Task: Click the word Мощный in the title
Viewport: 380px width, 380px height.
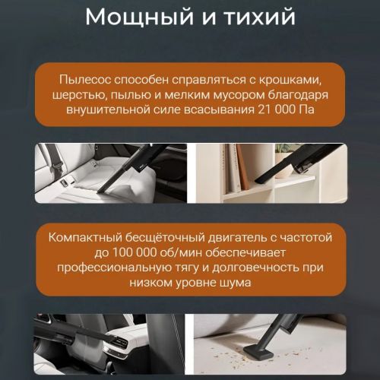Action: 139,17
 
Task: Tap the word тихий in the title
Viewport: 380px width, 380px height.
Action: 260,17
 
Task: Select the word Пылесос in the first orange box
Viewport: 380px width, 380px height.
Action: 85,80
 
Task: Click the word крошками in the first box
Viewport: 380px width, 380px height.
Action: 290,80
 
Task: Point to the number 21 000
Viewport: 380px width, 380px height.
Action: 277,109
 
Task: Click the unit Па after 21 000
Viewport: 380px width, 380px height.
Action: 306,109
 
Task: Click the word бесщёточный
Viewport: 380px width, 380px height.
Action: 165,238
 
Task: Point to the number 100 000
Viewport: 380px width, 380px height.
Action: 134,252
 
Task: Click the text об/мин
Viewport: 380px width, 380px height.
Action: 181,252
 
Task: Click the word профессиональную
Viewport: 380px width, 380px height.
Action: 114,268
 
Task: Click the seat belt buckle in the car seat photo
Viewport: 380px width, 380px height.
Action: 56,166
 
